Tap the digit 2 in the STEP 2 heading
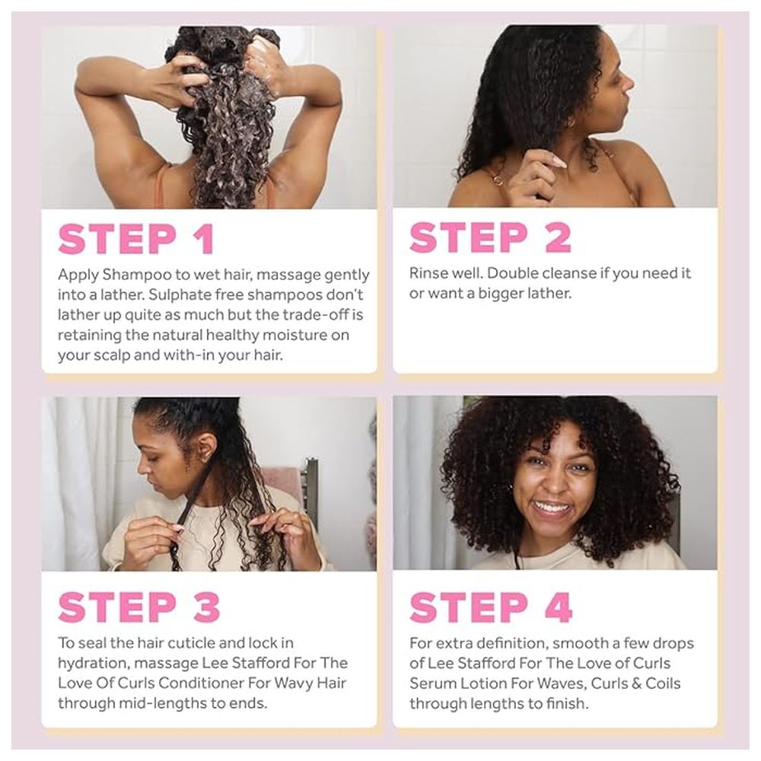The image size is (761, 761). (558, 237)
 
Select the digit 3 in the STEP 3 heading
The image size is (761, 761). (207, 607)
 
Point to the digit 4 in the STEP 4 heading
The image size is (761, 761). (558, 607)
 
